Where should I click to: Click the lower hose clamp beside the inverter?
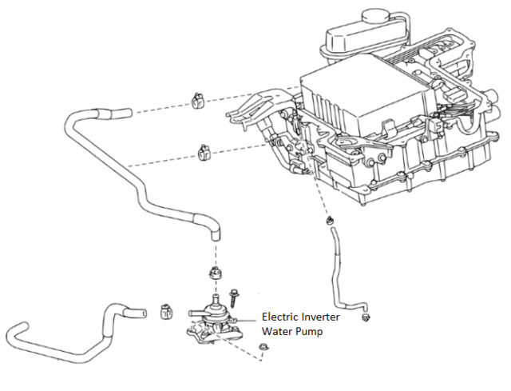(204, 151)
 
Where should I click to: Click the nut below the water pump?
(263, 346)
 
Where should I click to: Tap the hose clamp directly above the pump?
(213, 273)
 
